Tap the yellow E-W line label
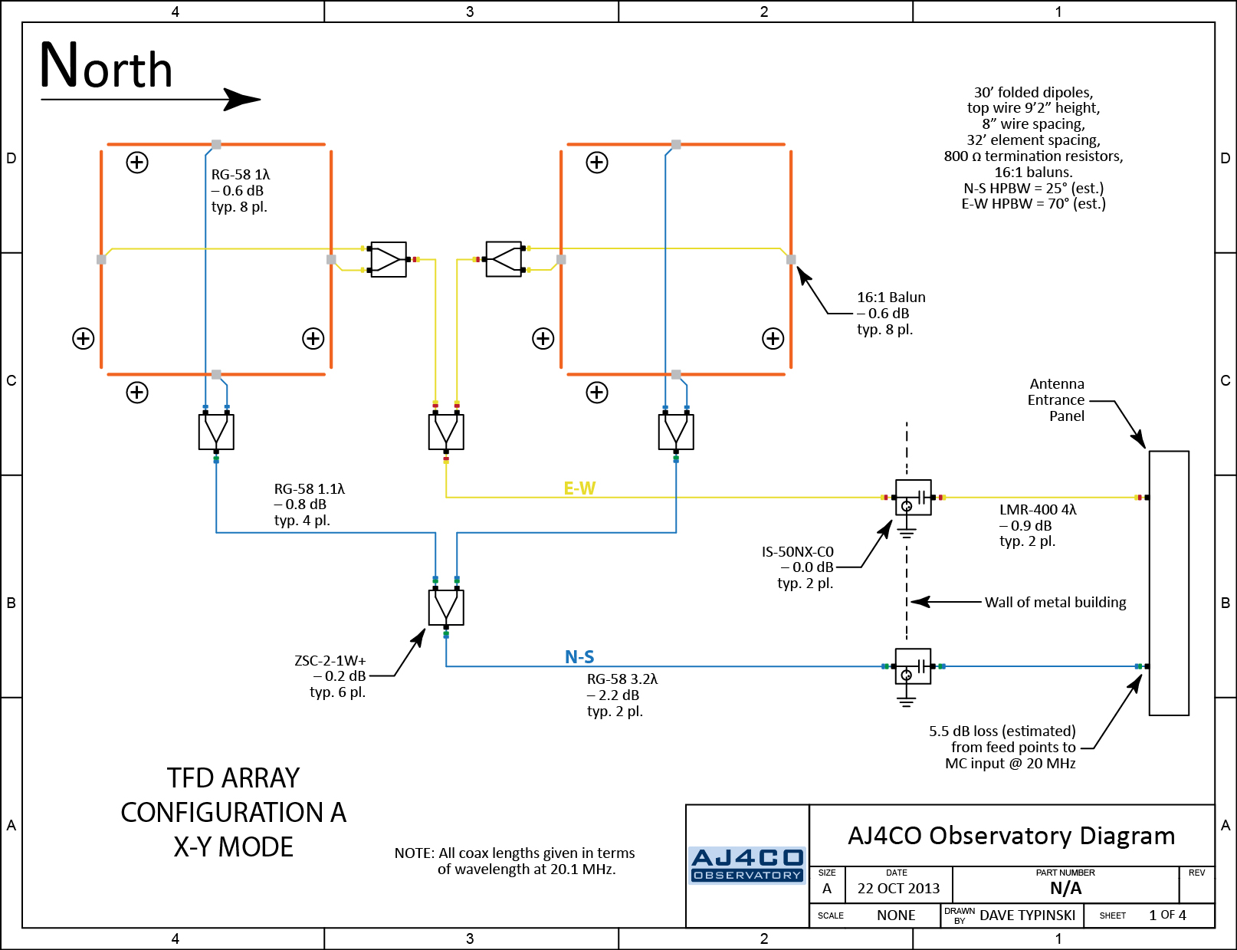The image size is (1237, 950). (x=579, y=488)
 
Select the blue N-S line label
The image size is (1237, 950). (x=579, y=657)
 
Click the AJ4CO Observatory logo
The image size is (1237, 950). (x=747, y=865)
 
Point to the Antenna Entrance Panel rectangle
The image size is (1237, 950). (x=1169, y=583)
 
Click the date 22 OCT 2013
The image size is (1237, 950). (x=898, y=889)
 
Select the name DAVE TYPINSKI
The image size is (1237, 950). (x=1027, y=915)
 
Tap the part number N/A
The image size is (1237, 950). (x=1065, y=889)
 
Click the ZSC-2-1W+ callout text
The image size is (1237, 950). (x=330, y=661)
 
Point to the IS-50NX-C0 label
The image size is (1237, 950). (x=797, y=552)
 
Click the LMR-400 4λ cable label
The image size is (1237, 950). (x=1038, y=510)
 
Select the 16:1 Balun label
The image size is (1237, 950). (x=891, y=297)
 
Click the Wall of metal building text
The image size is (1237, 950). (x=1055, y=603)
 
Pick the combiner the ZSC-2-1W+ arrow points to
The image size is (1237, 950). (x=446, y=608)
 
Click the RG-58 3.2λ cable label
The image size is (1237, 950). (x=622, y=679)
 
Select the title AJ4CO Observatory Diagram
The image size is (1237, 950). (x=1011, y=836)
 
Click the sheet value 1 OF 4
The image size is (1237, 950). (x=1167, y=915)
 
